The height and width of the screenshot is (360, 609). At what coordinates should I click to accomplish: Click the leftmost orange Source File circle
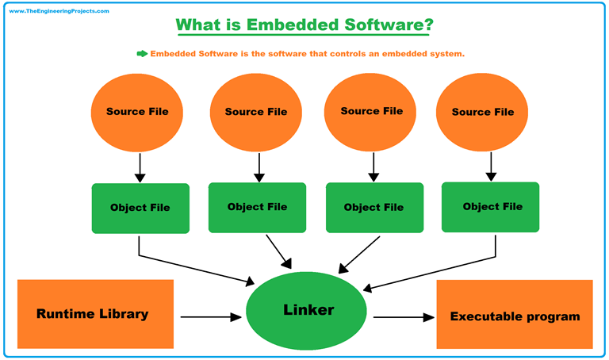point(137,112)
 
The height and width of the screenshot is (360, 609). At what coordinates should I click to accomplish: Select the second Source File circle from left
point(255,112)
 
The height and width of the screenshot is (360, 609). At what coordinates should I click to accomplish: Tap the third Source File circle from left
point(371,111)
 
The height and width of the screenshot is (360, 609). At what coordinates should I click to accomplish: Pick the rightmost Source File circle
point(482,112)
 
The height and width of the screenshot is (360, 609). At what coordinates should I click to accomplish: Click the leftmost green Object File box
point(140,208)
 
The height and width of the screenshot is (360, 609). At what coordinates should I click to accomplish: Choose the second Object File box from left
point(257,207)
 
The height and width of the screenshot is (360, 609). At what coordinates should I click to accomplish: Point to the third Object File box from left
point(373,208)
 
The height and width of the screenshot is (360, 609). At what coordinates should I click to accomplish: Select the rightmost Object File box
point(490,206)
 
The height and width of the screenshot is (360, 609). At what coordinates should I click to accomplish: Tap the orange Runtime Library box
point(94,314)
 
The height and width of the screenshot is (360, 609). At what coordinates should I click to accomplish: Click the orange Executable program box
point(515,314)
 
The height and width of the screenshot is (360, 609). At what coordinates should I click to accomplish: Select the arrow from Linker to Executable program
point(404,316)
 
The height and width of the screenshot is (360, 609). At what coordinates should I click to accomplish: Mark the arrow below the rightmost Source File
point(491,165)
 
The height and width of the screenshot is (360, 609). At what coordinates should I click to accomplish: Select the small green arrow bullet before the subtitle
point(142,53)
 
